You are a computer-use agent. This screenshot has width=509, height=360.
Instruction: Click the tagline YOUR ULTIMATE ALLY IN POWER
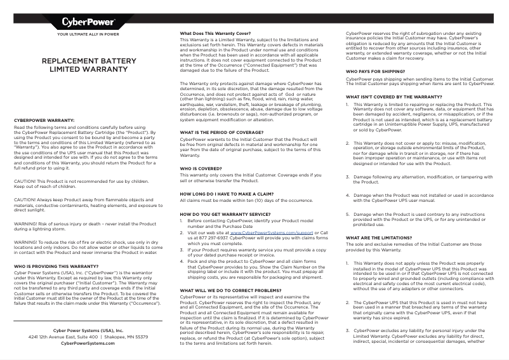88,34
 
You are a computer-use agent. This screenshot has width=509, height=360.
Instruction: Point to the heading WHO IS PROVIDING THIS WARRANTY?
56,266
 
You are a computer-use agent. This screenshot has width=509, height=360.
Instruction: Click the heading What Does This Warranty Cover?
216,33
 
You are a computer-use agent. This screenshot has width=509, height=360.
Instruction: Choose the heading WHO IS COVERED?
202,168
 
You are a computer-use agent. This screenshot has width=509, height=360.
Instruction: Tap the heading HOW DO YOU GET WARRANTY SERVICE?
225,215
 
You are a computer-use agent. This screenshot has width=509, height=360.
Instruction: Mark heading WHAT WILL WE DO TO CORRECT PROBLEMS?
230,290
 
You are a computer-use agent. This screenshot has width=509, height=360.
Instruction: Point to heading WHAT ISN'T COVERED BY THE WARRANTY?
393,97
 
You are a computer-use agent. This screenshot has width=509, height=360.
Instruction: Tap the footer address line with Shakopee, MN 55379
88,337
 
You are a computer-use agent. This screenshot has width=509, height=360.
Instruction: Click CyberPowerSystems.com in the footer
88,343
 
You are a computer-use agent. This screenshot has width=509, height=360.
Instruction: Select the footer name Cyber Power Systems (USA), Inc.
88,330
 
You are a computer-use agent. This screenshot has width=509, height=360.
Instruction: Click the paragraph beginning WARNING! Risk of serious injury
85,227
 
